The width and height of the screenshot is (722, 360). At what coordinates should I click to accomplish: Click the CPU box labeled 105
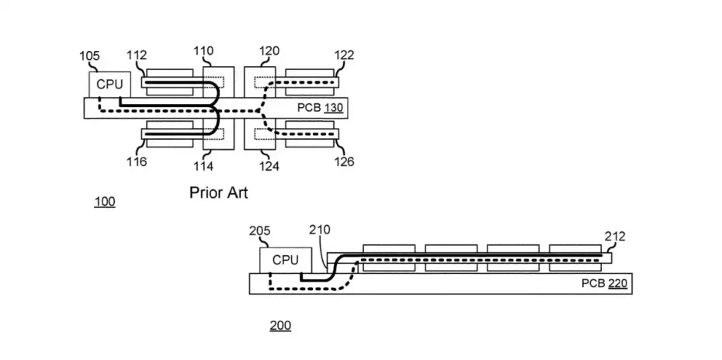[109, 84]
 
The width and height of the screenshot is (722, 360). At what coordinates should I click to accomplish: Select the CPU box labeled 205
[285, 260]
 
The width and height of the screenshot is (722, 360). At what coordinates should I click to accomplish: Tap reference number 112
[137, 55]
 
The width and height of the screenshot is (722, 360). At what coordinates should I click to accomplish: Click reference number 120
[269, 53]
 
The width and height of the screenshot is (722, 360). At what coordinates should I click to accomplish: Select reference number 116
[137, 162]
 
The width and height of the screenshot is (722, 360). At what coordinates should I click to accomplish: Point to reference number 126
[344, 162]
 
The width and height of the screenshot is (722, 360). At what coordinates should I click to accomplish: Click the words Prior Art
[219, 192]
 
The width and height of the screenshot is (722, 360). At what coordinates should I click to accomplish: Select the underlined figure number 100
[104, 202]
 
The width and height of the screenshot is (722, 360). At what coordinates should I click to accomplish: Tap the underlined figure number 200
[280, 325]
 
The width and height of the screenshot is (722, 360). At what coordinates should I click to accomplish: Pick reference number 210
[319, 230]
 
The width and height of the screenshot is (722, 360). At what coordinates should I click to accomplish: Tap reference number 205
[259, 231]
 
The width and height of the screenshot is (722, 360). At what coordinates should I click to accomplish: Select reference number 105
[89, 55]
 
